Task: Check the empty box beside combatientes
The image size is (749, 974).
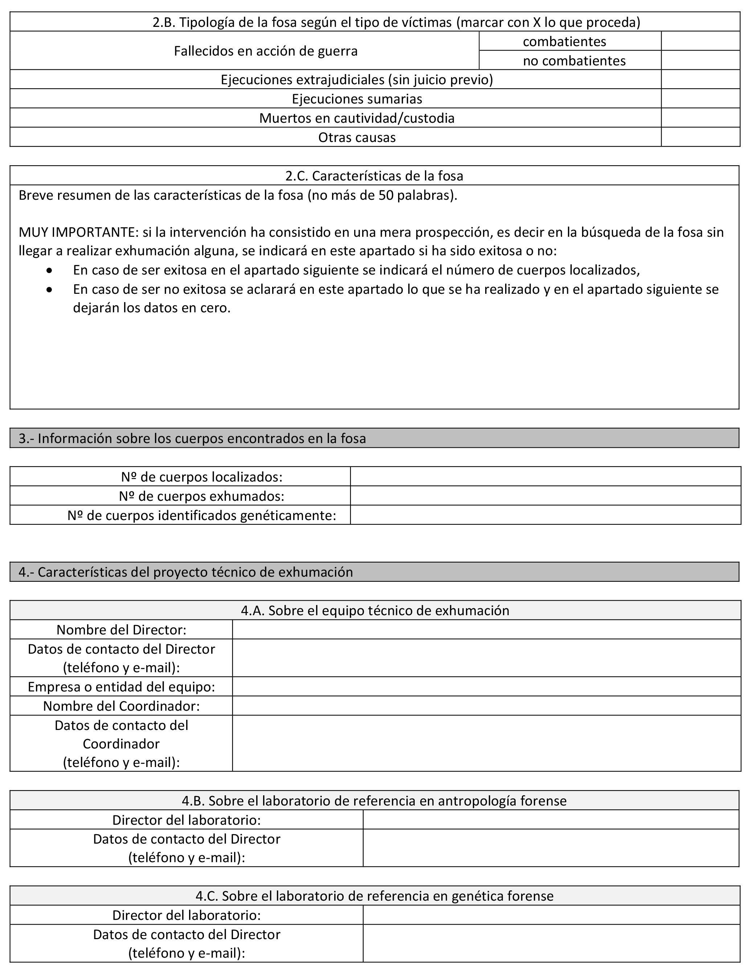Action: pyautogui.click(x=700, y=41)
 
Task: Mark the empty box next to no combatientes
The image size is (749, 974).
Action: pyautogui.click(x=700, y=60)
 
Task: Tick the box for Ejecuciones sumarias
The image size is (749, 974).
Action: pyautogui.click(x=700, y=98)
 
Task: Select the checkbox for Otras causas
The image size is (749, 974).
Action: pyautogui.click(x=700, y=137)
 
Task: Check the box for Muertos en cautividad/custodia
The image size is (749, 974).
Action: pyautogui.click(x=700, y=118)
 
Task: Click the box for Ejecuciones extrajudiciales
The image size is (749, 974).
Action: pyautogui.click(x=700, y=80)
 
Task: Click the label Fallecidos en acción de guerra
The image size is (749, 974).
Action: pyautogui.click(x=266, y=51)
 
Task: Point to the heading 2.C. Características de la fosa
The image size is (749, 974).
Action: pyautogui.click(x=374, y=176)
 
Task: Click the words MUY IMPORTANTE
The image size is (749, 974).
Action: pyautogui.click(x=78, y=232)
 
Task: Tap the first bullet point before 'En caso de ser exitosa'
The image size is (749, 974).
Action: pyautogui.click(x=49, y=271)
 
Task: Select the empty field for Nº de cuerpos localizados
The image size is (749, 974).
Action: pyautogui.click(x=545, y=477)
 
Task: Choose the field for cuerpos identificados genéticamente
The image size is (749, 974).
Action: pyautogui.click(x=545, y=515)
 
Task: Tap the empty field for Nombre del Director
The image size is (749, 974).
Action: pyautogui.click(x=486, y=630)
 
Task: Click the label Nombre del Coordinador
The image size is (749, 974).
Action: pyautogui.click(x=121, y=706)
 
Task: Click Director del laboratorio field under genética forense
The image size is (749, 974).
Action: pyautogui.click(x=551, y=915)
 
